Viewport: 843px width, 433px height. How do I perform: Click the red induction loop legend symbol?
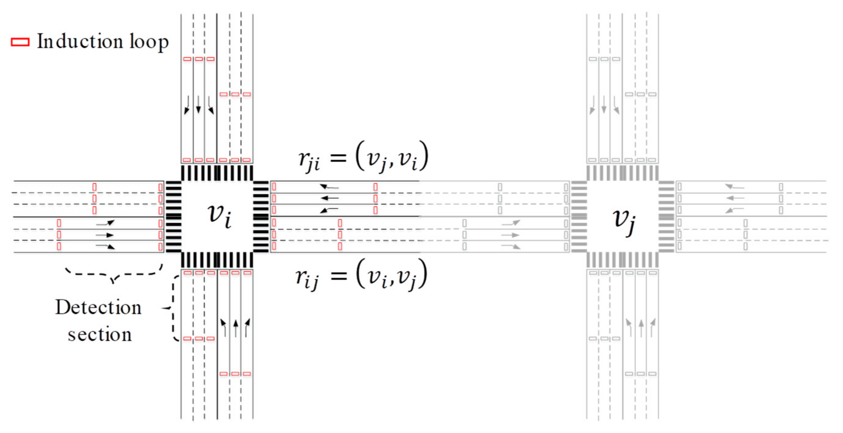(x=20, y=42)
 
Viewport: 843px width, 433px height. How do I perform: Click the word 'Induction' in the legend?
(x=80, y=42)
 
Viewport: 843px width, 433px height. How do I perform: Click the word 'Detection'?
(x=98, y=307)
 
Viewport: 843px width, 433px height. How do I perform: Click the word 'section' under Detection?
(x=99, y=335)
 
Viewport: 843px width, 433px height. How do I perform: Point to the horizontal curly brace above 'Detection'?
(x=114, y=274)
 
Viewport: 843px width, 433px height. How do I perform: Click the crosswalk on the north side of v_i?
(x=217, y=173)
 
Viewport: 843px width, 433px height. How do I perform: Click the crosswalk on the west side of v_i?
(x=173, y=216)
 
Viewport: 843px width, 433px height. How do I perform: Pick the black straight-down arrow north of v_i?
(x=198, y=105)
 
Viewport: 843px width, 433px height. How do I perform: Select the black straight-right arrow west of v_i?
(x=105, y=235)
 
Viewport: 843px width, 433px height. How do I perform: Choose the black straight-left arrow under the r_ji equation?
(x=329, y=198)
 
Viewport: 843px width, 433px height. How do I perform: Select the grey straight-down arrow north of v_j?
(x=604, y=105)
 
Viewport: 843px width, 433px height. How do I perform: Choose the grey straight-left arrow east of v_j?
(x=735, y=198)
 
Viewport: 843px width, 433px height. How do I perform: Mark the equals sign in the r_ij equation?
(x=338, y=276)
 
